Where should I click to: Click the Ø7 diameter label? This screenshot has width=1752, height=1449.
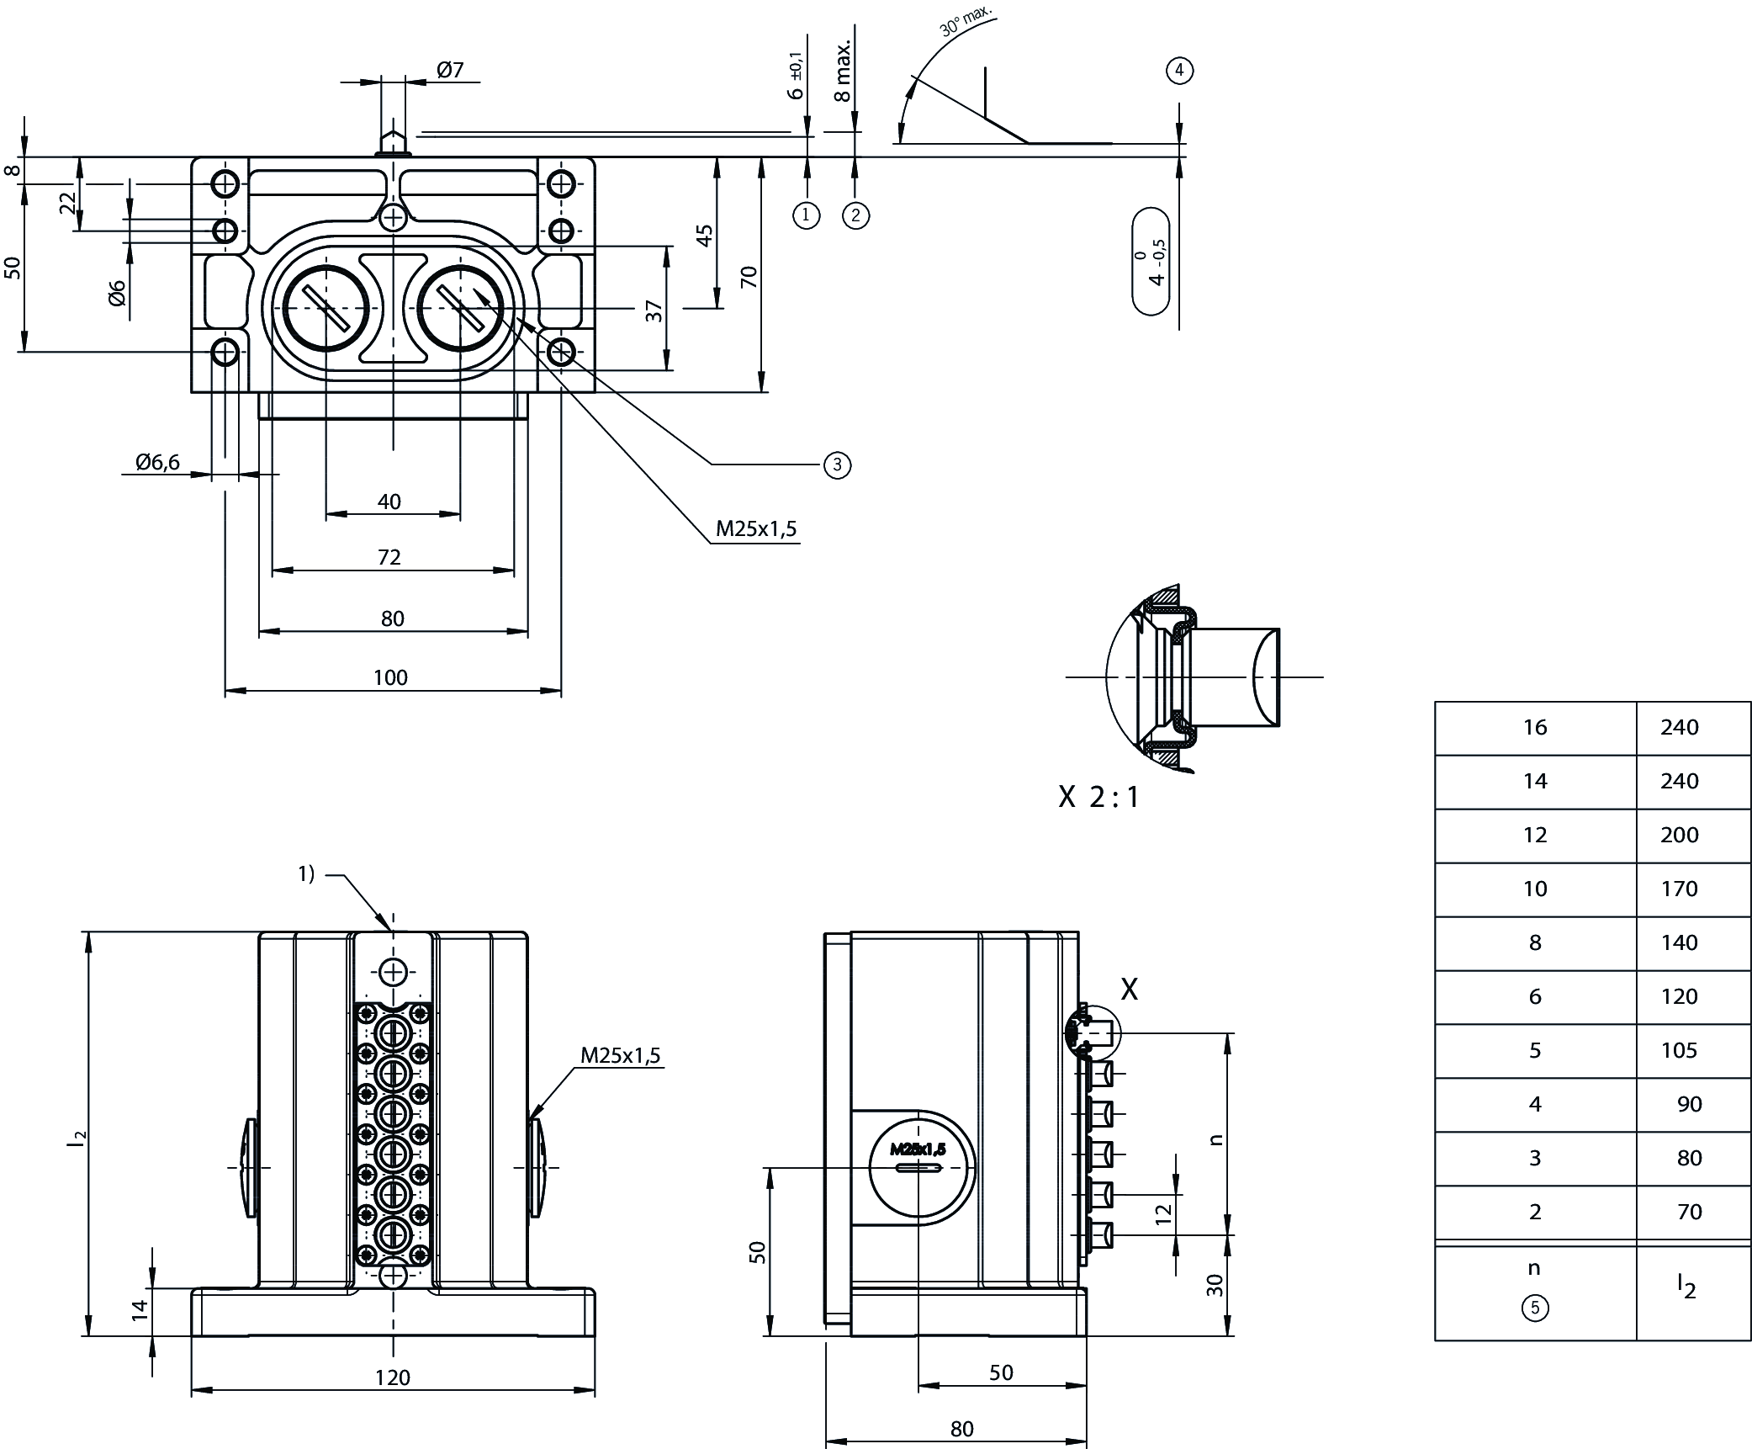[x=451, y=70]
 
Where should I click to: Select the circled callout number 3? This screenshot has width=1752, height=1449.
[x=837, y=464]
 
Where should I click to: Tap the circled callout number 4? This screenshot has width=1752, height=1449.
[x=1179, y=71]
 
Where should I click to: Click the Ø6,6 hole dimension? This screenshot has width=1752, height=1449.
[x=157, y=462]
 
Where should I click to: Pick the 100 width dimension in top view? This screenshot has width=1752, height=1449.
[x=390, y=677]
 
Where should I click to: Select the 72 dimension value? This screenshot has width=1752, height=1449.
[x=389, y=557]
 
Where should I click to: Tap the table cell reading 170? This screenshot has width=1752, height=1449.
[x=1679, y=889]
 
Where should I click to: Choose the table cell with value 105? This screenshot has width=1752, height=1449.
[x=1679, y=1050]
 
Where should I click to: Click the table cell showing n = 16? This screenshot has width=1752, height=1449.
[x=1535, y=728]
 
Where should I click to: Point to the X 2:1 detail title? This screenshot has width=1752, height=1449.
[x=1098, y=797]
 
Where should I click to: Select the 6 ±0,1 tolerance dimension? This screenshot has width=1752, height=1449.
[x=796, y=76]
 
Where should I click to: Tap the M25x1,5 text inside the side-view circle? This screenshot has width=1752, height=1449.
[x=918, y=1149]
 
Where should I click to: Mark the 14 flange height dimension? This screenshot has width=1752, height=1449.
[x=140, y=1309]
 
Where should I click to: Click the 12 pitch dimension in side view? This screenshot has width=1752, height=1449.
[x=1163, y=1214]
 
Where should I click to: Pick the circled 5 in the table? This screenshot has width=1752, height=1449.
[x=1535, y=1308]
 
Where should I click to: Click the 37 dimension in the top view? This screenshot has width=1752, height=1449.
[x=655, y=310]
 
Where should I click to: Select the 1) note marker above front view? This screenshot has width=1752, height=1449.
[x=306, y=874]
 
